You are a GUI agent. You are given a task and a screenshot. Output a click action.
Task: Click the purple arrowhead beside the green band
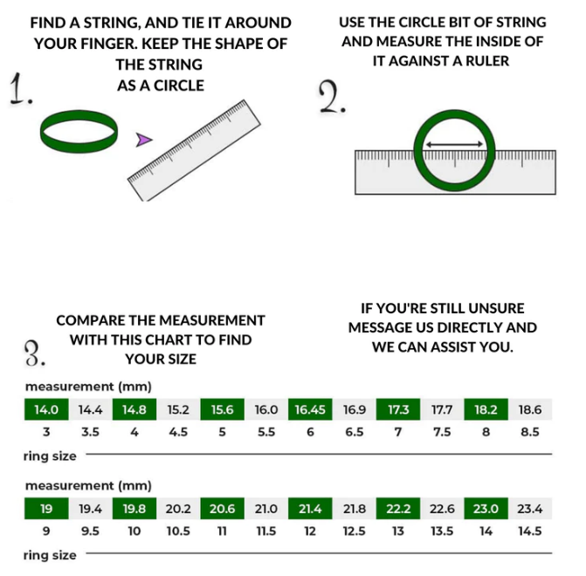coord(143,140)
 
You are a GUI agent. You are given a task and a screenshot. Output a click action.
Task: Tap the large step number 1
coord(21,89)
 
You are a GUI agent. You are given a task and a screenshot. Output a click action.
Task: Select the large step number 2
coord(332,97)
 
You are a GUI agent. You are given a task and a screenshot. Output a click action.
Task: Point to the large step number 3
coord(35,353)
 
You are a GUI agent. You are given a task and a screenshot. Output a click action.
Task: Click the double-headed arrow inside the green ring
coord(454,144)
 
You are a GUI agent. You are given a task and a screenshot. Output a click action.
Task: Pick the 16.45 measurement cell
coord(310,409)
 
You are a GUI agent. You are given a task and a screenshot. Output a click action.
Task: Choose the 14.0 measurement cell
coord(46,409)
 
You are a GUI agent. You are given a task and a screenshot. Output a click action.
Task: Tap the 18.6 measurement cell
coord(530,409)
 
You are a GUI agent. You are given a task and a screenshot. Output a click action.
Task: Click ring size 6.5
coord(355,432)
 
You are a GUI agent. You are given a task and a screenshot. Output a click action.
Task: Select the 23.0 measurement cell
coord(486,509)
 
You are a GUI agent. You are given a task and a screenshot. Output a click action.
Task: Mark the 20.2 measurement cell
coord(178,509)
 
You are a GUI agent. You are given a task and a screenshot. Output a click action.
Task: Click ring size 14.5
coord(530,531)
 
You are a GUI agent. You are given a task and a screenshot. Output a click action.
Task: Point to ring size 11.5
coord(266,531)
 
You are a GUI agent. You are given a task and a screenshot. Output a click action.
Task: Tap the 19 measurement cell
coord(46,509)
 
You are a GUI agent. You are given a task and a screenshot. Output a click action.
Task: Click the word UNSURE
coord(496,309)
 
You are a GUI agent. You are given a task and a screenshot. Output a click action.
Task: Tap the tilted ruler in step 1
coord(194,150)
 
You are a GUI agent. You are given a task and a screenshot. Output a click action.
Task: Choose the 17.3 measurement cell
coord(398,409)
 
